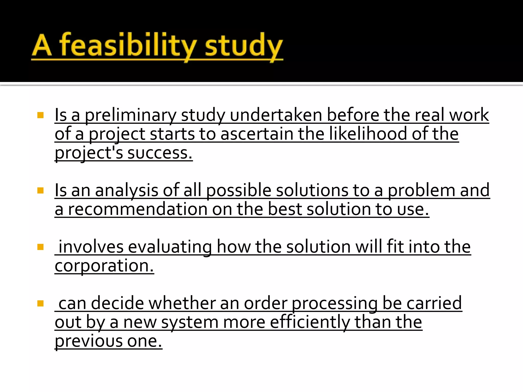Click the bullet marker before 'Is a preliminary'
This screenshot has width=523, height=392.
tap(40, 115)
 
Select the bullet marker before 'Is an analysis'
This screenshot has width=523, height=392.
tap(40, 191)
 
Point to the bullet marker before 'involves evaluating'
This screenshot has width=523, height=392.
tap(40, 247)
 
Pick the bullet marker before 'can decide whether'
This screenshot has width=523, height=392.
tap(40, 303)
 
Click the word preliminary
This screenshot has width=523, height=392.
tap(130, 115)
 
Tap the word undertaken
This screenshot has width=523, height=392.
tap(276, 115)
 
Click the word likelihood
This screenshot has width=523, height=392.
tap(368, 134)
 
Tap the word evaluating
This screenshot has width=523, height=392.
tap(170, 247)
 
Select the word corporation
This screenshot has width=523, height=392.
tap(104, 266)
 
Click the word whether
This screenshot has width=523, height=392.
tap(182, 303)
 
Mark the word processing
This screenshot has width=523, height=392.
tap(335, 303)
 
